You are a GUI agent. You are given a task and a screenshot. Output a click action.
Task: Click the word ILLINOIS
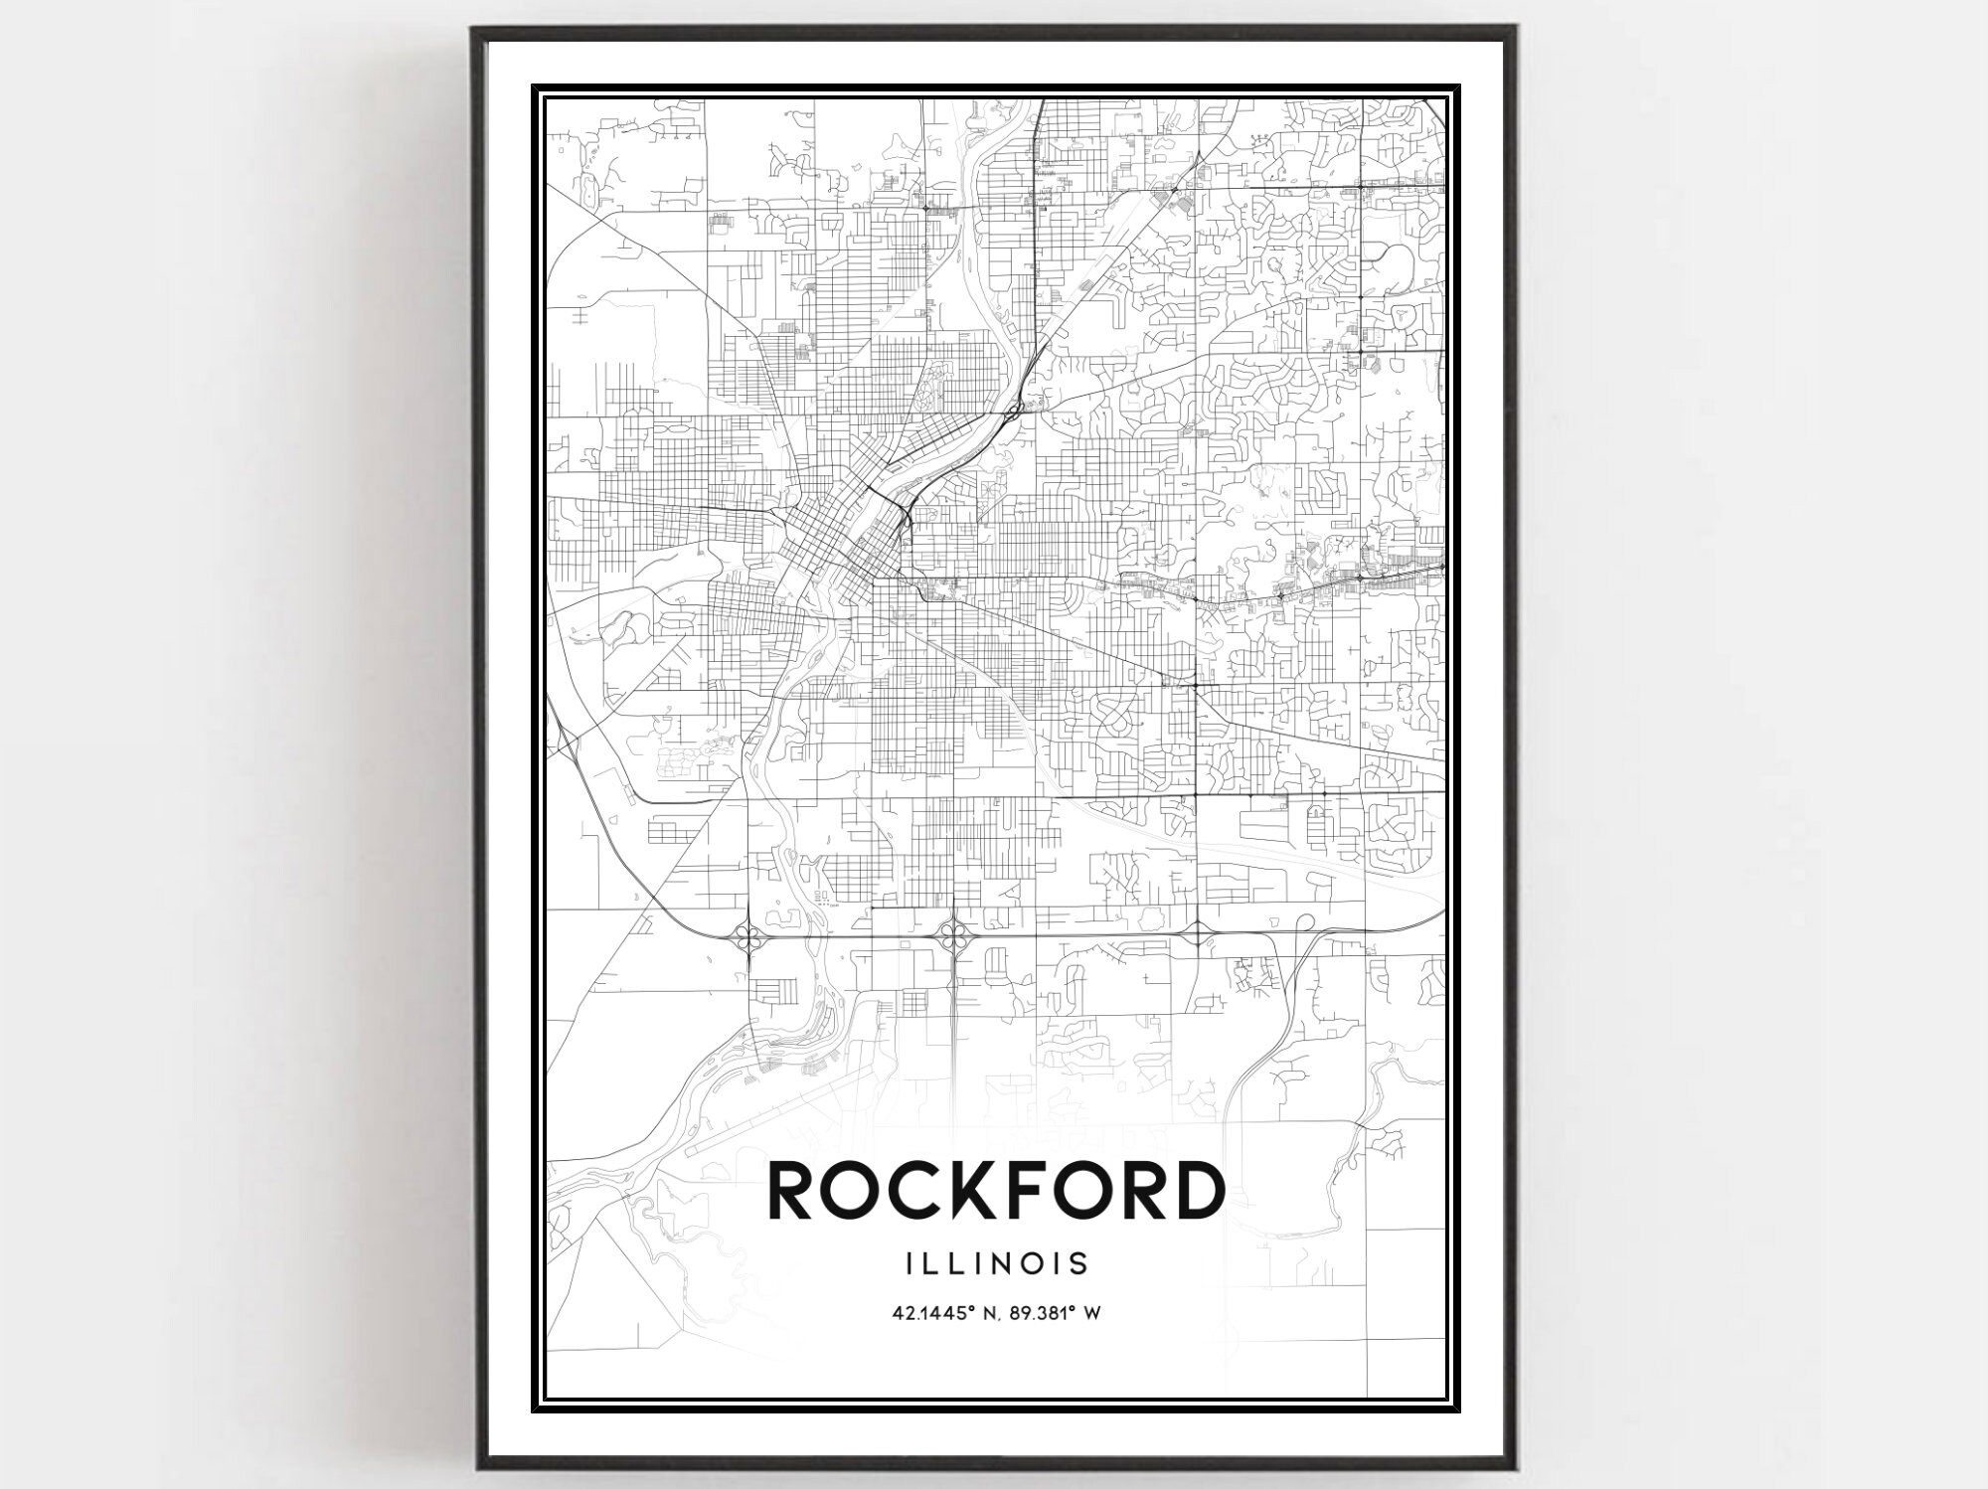[x=996, y=1263]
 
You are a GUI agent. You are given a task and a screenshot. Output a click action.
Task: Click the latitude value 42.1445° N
[x=938, y=1313]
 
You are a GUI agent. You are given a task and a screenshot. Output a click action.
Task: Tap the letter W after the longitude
[x=1092, y=1313]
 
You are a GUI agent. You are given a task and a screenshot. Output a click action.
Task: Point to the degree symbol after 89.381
[x=1076, y=1309]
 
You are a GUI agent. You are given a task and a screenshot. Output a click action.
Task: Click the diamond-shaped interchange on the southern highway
[x=1196, y=933]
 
